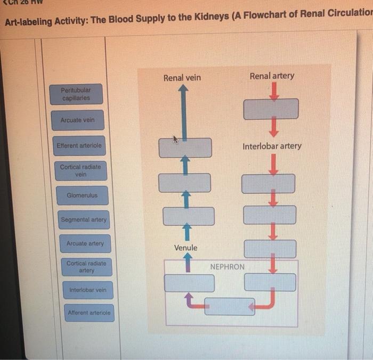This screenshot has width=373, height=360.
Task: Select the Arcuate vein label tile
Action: (77, 120)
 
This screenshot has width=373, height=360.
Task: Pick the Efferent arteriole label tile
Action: (79, 145)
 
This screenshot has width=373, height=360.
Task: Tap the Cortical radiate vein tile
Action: (80, 170)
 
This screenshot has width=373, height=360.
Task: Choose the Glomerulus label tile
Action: (82, 195)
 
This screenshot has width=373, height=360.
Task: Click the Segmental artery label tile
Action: (84, 219)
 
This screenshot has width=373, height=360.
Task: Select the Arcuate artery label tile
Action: (85, 244)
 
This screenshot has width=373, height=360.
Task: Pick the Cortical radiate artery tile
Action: (86, 267)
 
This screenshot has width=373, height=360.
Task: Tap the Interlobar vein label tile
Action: (87, 290)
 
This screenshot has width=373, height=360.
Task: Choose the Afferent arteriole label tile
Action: (90, 313)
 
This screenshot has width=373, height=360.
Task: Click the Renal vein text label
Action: (182, 78)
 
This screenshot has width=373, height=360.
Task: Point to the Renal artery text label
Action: (272, 76)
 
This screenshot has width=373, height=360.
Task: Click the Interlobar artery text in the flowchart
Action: (272, 146)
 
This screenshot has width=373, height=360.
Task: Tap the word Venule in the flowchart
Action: (185, 248)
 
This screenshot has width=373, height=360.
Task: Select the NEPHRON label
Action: (228, 266)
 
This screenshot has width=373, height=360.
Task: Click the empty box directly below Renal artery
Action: (271, 109)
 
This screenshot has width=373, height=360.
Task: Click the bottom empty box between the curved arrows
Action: (230, 306)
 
